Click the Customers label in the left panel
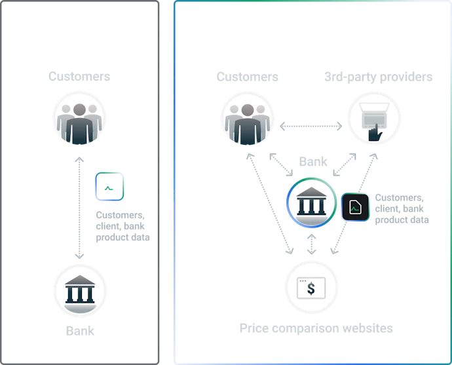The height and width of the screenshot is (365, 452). (x=79, y=77)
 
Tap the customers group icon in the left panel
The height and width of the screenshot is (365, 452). (x=79, y=118)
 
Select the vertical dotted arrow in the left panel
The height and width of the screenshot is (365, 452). (x=79, y=208)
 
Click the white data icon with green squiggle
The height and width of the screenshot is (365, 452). (x=109, y=186)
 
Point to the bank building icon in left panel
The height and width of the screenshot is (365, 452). (x=80, y=290)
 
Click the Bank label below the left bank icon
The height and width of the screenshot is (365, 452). (x=80, y=331)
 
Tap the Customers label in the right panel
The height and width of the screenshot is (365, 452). (x=248, y=77)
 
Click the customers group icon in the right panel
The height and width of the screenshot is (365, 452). (x=248, y=119)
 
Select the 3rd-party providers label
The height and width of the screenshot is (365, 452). (x=378, y=77)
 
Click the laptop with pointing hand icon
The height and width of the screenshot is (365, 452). (x=374, y=119)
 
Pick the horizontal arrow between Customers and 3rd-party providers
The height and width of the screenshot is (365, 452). (x=311, y=126)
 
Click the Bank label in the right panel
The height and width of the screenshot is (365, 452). (x=313, y=161)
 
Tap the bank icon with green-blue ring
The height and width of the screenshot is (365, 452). (x=311, y=202)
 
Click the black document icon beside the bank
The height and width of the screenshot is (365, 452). (x=355, y=207)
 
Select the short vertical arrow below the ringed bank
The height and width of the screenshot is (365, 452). (x=311, y=244)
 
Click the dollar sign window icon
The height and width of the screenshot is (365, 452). (x=311, y=288)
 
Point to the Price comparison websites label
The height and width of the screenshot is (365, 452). (x=316, y=328)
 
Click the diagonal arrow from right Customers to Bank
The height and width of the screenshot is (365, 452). (x=281, y=164)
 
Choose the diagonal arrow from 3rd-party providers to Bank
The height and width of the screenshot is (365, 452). (x=345, y=164)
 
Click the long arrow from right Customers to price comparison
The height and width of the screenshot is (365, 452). (x=270, y=204)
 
